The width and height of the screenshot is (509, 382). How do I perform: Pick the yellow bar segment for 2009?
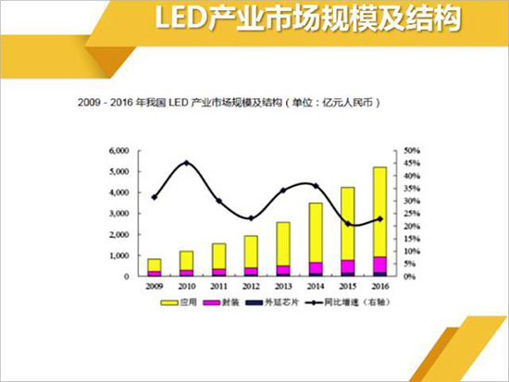(154, 265)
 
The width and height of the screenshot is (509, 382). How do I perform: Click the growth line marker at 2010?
(187, 163)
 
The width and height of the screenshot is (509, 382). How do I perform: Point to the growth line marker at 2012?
(251, 218)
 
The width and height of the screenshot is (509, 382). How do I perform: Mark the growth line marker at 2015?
(348, 224)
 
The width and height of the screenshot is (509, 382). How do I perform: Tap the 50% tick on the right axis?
(411, 150)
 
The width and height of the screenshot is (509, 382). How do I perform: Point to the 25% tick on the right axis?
(411, 214)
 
